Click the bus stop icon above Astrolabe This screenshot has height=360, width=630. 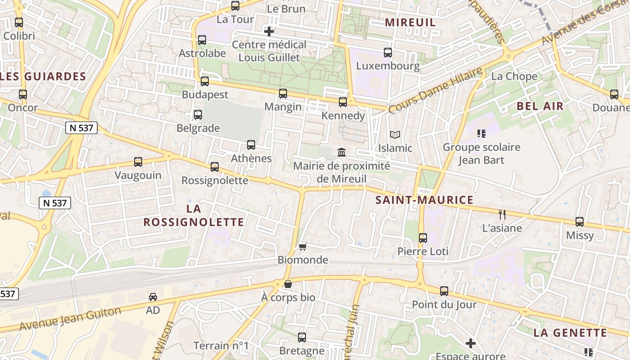[202, 40]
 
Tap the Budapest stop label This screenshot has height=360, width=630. [205, 95]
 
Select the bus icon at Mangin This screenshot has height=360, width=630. [283, 94]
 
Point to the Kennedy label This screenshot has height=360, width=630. [343, 116]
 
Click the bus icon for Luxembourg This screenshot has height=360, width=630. [388, 53]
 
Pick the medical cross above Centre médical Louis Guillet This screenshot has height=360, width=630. [269, 31]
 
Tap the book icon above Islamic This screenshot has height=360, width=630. [395, 135]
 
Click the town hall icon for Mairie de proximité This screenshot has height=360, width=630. [342, 153]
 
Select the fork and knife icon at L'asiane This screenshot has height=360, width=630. [502, 215]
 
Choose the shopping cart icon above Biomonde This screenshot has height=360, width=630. [303, 247]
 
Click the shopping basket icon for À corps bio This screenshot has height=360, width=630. [288, 284]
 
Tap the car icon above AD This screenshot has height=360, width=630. [153, 297]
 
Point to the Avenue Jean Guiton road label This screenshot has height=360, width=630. [70, 318]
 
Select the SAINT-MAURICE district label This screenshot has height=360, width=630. [424, 200]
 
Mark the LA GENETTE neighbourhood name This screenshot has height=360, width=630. [570, 333]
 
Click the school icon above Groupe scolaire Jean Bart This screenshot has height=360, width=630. [481, 134]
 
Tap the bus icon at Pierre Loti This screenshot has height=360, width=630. [423, 238]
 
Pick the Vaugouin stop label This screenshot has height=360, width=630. [138, 175]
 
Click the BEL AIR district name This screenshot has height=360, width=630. [540, 106]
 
